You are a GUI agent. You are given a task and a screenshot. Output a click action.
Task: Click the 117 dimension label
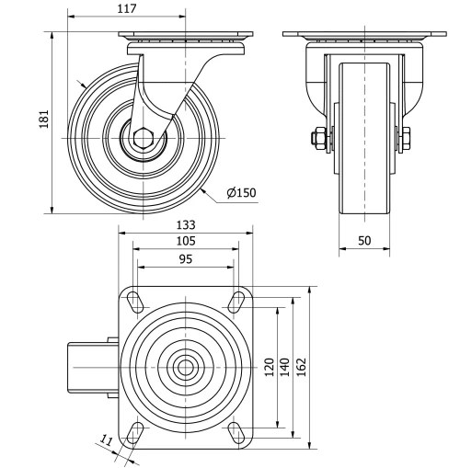[x=128, y=9]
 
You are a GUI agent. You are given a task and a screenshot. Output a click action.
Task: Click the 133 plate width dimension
[x=185, y=225]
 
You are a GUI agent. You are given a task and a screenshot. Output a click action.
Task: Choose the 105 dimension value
[x=185, y=241]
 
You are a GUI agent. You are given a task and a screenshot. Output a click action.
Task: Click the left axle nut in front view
[x=317, y=140]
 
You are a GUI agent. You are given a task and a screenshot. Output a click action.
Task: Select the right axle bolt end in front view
[x=406, y=140]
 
